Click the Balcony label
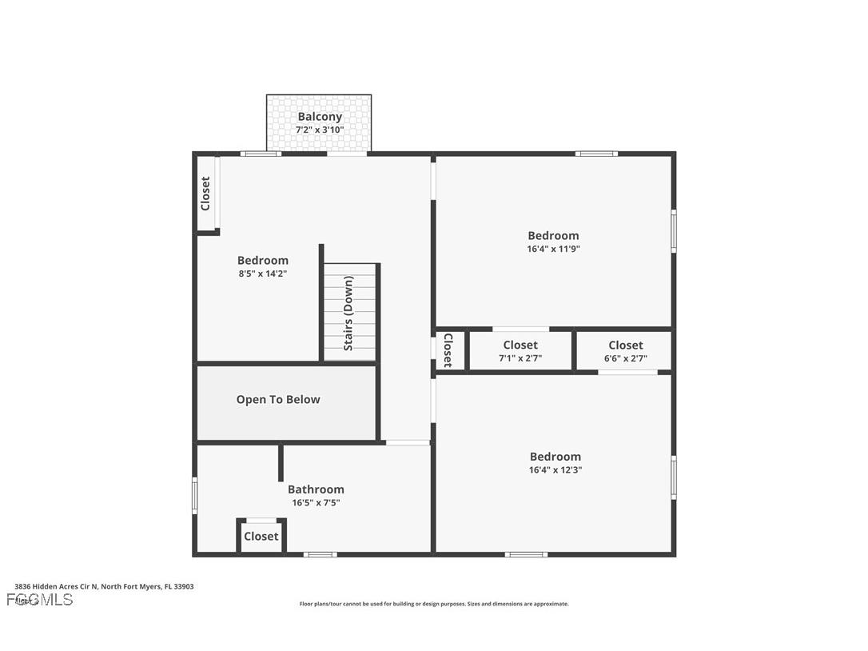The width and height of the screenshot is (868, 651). (x=320, y=117)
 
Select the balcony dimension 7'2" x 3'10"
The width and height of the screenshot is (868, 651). (x=320, y=130)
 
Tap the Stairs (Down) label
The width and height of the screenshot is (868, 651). (x=348, y=313)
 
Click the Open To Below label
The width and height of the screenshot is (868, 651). (x=278, y=400)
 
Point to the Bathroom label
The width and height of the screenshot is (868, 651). (x=316, y=489)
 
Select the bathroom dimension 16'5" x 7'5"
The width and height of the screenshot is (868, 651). (x=316, y=503)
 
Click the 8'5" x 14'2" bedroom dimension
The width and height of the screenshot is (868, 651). (x=262, y=274)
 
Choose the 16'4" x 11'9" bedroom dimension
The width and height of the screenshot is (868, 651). (x=553, y=249)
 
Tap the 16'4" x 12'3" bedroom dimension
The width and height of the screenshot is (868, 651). (x=555, y=470)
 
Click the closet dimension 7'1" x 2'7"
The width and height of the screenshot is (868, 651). (x=520, y=358)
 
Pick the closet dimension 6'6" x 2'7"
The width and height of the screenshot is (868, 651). (x=625, y=358)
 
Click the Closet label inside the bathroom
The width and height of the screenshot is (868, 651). (x=261, y=537)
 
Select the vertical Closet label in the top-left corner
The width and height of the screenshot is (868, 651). (x=205, y=194)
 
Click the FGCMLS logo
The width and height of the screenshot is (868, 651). (x=40, y=600)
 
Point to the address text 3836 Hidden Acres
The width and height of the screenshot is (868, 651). (x=104, y=586)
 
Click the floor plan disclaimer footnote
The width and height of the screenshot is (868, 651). (x=434, y=604)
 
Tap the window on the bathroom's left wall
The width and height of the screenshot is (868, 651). (x=194, y=496)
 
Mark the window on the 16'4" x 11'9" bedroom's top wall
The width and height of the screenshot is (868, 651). (x=596, y=154)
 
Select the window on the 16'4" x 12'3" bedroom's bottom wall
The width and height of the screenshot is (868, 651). (x=526, y=554)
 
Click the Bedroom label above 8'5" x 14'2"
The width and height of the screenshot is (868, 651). (x=262, y=261)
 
